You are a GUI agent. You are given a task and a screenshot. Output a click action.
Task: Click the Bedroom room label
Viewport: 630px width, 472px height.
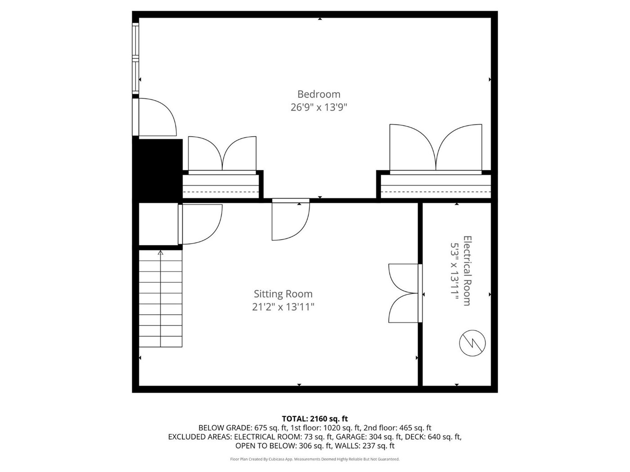point(319,94)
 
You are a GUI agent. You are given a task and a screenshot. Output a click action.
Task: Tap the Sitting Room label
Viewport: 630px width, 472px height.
point(283,294)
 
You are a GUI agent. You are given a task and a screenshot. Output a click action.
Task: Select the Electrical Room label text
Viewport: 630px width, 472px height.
point(468,271)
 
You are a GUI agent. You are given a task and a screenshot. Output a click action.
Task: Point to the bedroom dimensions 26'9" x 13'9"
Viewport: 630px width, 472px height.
point(319,107)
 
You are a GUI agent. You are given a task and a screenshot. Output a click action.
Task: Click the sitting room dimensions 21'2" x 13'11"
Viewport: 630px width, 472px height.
point(283,307)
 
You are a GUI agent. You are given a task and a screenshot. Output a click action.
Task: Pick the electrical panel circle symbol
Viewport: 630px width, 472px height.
point(472,343)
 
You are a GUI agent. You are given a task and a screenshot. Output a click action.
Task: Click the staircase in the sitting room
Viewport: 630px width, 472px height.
point(161,298)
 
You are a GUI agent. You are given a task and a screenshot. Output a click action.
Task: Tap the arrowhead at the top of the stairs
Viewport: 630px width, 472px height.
point(161,253)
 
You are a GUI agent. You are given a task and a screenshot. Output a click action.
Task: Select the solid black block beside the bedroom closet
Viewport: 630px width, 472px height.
point(157,169)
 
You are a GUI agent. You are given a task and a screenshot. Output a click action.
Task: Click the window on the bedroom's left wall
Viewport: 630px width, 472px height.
point(135,58)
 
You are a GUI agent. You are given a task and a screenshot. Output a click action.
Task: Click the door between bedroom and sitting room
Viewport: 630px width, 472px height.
point(291,219)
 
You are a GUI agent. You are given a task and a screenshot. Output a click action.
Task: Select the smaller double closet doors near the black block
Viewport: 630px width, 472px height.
point(222,155)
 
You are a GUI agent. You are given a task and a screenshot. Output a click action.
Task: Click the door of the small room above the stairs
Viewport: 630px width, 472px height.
point(200,224)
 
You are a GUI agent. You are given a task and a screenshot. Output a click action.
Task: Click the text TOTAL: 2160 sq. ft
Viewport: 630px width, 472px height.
point(315,419)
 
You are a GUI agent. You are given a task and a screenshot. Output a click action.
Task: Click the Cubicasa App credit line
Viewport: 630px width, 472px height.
point(315,459)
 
